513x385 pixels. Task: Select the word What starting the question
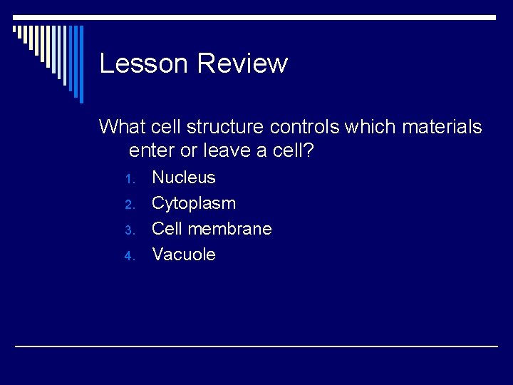pyautogui.click(x=122, y=127)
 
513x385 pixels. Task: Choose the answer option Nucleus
pyautogui.click(x=184, y=178)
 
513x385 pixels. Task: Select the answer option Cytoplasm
pyautogui.click(x=194, y=203)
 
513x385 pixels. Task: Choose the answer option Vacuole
pyautogui.click(x=184, y=255)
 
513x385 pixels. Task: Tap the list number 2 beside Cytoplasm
pyautogui.click(x=129, y=205)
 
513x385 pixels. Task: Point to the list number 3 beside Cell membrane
pyautogui.click(x=129, y=230)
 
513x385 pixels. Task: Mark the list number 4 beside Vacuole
pyautogui.click(x=129, y=256)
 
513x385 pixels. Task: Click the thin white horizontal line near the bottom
pyautogui.click(x=256, y=346)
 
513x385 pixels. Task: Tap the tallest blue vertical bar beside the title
pyautogui.click(x=81, y=64)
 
